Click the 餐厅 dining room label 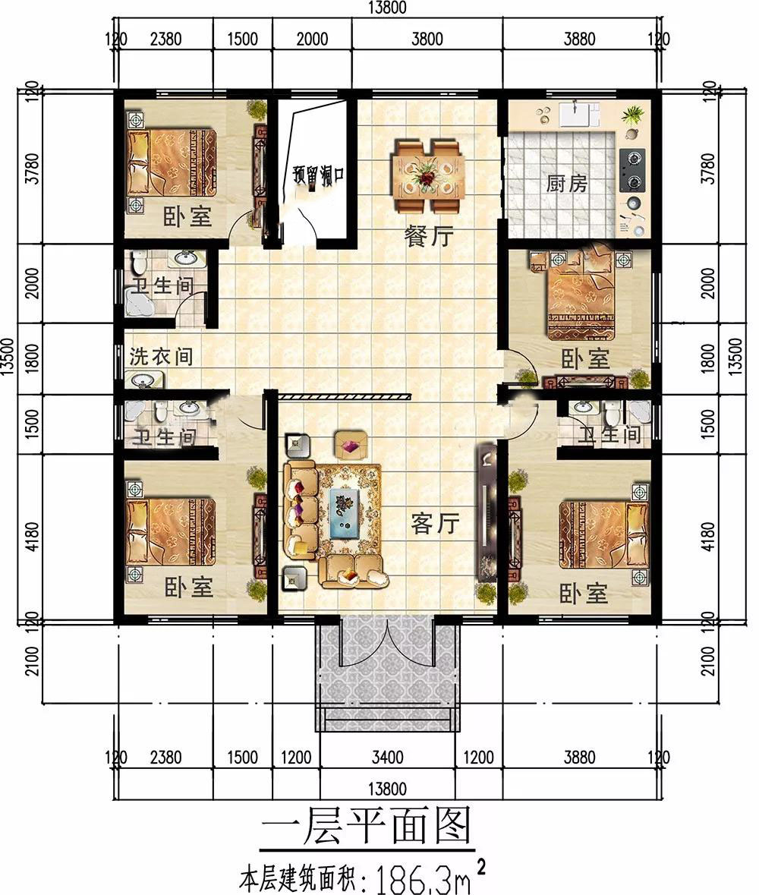[x=429, y=235]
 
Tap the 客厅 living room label [x=435, y=522]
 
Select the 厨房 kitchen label [x=566, y=184]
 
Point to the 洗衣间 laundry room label [x=161, y=356]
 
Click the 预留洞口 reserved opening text [x=318, y=173]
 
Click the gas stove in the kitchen [x=631, y=169]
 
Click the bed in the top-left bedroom [x=172, y=162]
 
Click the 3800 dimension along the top [x=427, y=39]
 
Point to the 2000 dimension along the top [x=312, y=39]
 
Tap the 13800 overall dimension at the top [x=387, y=8]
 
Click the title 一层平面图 [x=366, y=826]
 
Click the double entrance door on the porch [x=387, y=642]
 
